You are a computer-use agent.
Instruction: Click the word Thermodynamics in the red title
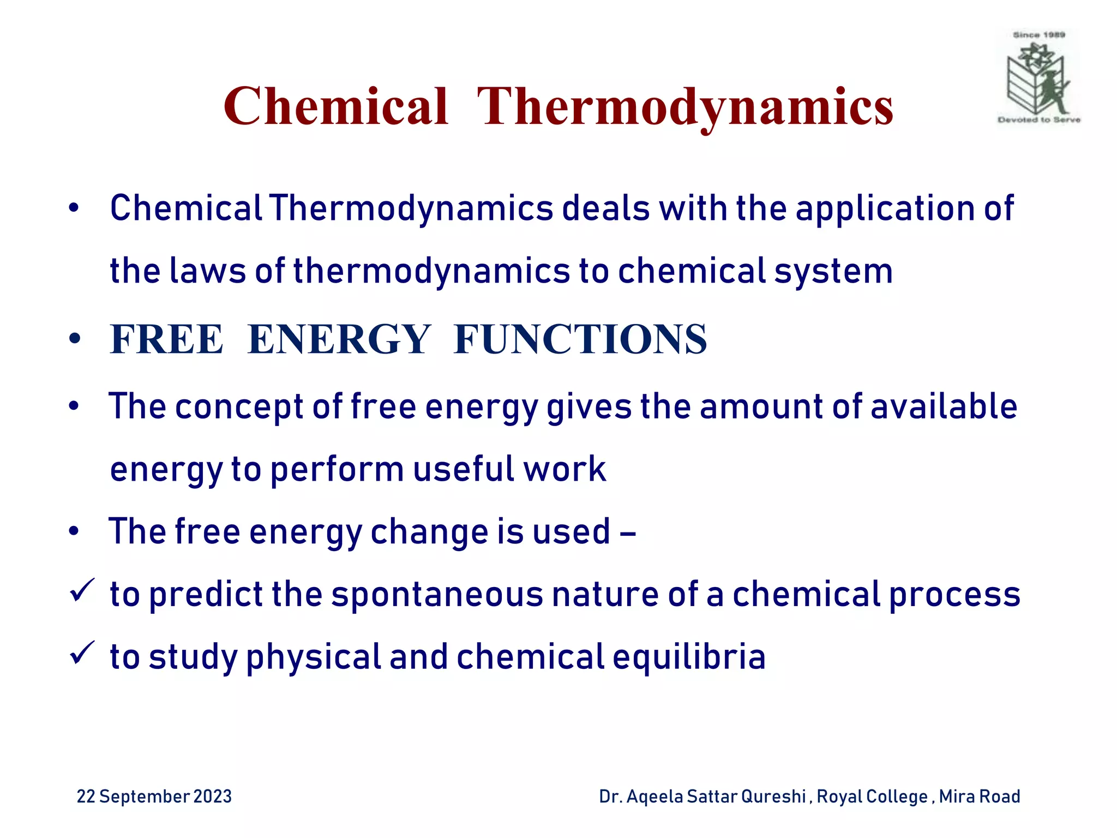pos(685,107)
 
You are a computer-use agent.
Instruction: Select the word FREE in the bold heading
pos(166,339)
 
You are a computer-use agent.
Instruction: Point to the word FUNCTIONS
pos(580,339)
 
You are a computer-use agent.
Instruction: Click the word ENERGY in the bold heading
pos(339,339)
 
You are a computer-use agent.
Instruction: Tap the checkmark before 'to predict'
pos(82,591)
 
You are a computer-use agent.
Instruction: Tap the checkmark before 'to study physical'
pos(82,653)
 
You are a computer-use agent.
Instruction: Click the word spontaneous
pos(437,595)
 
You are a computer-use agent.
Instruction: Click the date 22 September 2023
pos(154,797)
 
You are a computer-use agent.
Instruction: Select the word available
pos(944,407)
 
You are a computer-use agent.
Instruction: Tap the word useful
pos(464,469)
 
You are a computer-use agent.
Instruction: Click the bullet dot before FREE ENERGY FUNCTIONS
pos(75,339)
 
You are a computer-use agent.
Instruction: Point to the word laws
pos(208,271)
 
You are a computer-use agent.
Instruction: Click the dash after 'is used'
pos(628,532)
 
